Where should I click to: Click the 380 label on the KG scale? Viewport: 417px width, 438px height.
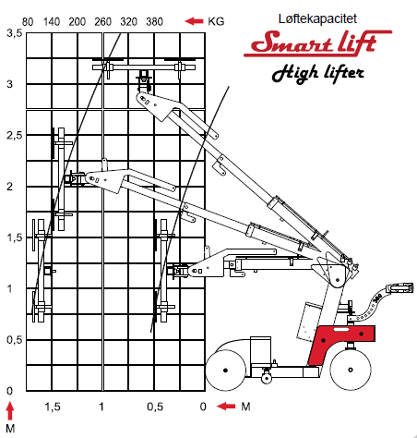point(154,21)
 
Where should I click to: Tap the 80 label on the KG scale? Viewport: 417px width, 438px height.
point(28,22)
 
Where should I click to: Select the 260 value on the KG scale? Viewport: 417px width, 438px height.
point(102,21)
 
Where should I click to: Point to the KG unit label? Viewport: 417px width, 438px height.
point(216,21)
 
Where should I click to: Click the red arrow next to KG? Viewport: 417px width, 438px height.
point(194,21)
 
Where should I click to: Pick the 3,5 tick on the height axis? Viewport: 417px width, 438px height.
point(15,33)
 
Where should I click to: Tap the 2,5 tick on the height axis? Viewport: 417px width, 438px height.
point(15,135)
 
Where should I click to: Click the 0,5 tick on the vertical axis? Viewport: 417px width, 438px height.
point(15,340)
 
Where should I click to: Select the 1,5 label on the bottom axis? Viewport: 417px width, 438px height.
point(53,407)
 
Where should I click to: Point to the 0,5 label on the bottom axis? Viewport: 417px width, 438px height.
point(155,407)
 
